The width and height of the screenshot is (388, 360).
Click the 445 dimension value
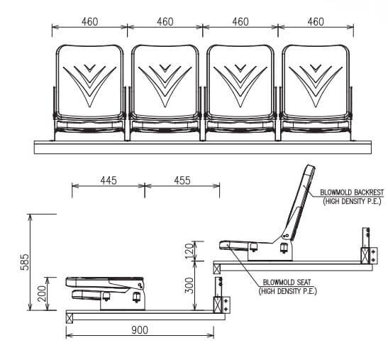109,182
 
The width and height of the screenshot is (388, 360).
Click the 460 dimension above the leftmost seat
89,22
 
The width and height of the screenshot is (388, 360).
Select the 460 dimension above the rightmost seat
316,22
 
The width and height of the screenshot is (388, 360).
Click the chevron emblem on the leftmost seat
89,81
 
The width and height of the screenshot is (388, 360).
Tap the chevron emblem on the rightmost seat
316,81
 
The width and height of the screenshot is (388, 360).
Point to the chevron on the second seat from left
165,81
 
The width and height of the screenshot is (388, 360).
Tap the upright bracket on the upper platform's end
367,246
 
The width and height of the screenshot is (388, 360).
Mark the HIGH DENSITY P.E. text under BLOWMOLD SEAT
287,291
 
